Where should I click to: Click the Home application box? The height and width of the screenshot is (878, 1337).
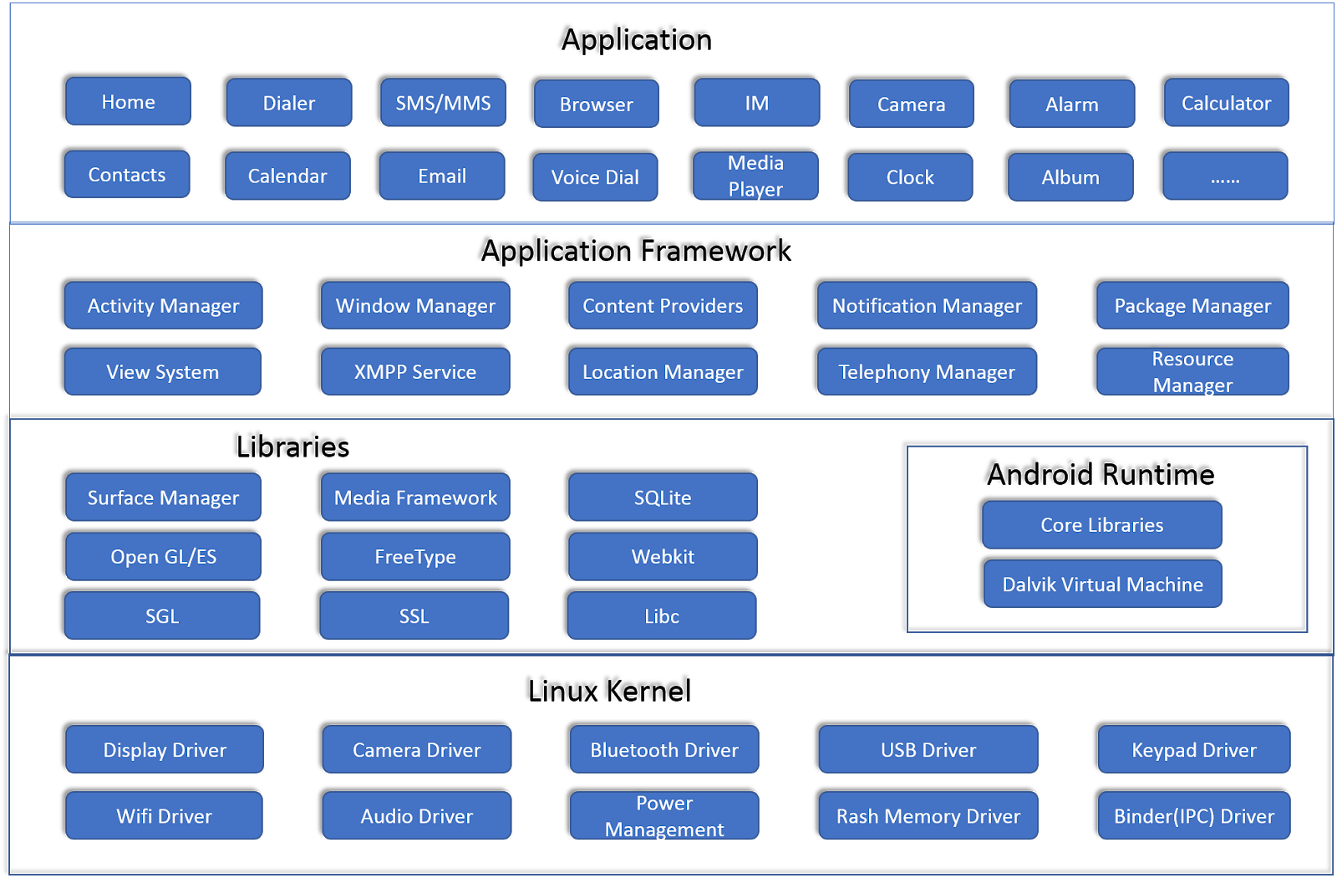click(128, 101)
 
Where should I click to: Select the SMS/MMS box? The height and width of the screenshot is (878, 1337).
click(443, 103)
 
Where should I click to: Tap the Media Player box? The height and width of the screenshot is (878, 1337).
click(755, 176)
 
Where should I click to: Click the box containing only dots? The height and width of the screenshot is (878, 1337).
click(1225, 176)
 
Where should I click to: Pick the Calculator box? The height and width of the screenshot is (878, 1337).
click(1226, 103)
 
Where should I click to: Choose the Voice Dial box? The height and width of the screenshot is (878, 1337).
click(595, 177)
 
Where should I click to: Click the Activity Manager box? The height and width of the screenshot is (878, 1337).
click(163, 305)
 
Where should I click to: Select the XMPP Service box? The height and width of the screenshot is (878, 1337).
click(415, 371)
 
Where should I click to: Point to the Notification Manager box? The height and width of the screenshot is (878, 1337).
click(927, 305)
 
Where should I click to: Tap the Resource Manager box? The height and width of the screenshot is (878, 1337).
click(1192, 371)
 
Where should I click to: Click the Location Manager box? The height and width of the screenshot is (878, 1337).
click(663, 371)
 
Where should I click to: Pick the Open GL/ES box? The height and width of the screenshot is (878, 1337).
click(163, 556)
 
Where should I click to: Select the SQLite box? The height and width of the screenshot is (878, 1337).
click(663, 498)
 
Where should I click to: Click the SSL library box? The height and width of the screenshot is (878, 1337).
click(414, 615)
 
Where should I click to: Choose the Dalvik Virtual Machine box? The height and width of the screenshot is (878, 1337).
click(1102, 584)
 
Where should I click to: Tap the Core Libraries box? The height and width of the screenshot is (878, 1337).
click(1101, 524)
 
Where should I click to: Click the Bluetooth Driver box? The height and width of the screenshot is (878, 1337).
click(664, 749)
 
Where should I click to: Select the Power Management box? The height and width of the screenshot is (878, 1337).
click(664, 815)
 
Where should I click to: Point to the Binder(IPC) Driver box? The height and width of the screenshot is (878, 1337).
click(1193, 815)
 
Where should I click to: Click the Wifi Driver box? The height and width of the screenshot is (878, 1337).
click(164, 815)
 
